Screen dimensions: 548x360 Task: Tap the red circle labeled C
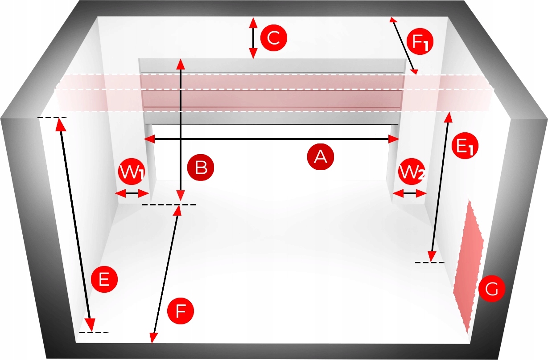[x=273, y=38]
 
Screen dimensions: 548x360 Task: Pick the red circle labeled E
[x=104, y=280]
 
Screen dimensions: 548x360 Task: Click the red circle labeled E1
[x=465, y=147]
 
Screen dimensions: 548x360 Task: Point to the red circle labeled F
[x=180, y=311]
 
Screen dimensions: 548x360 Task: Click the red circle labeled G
[x=491, y=289]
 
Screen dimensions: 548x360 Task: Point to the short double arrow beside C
[x=253, y=38]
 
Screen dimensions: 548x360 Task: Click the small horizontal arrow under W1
[x=132, y=193]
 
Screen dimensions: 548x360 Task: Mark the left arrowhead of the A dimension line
[x=148, y=139]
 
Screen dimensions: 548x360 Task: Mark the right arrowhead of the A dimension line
[x=394, y=139]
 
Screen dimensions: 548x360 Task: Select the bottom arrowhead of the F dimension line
[x=153, y=339]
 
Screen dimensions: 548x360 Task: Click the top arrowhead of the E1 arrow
[x=449, y=117]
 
